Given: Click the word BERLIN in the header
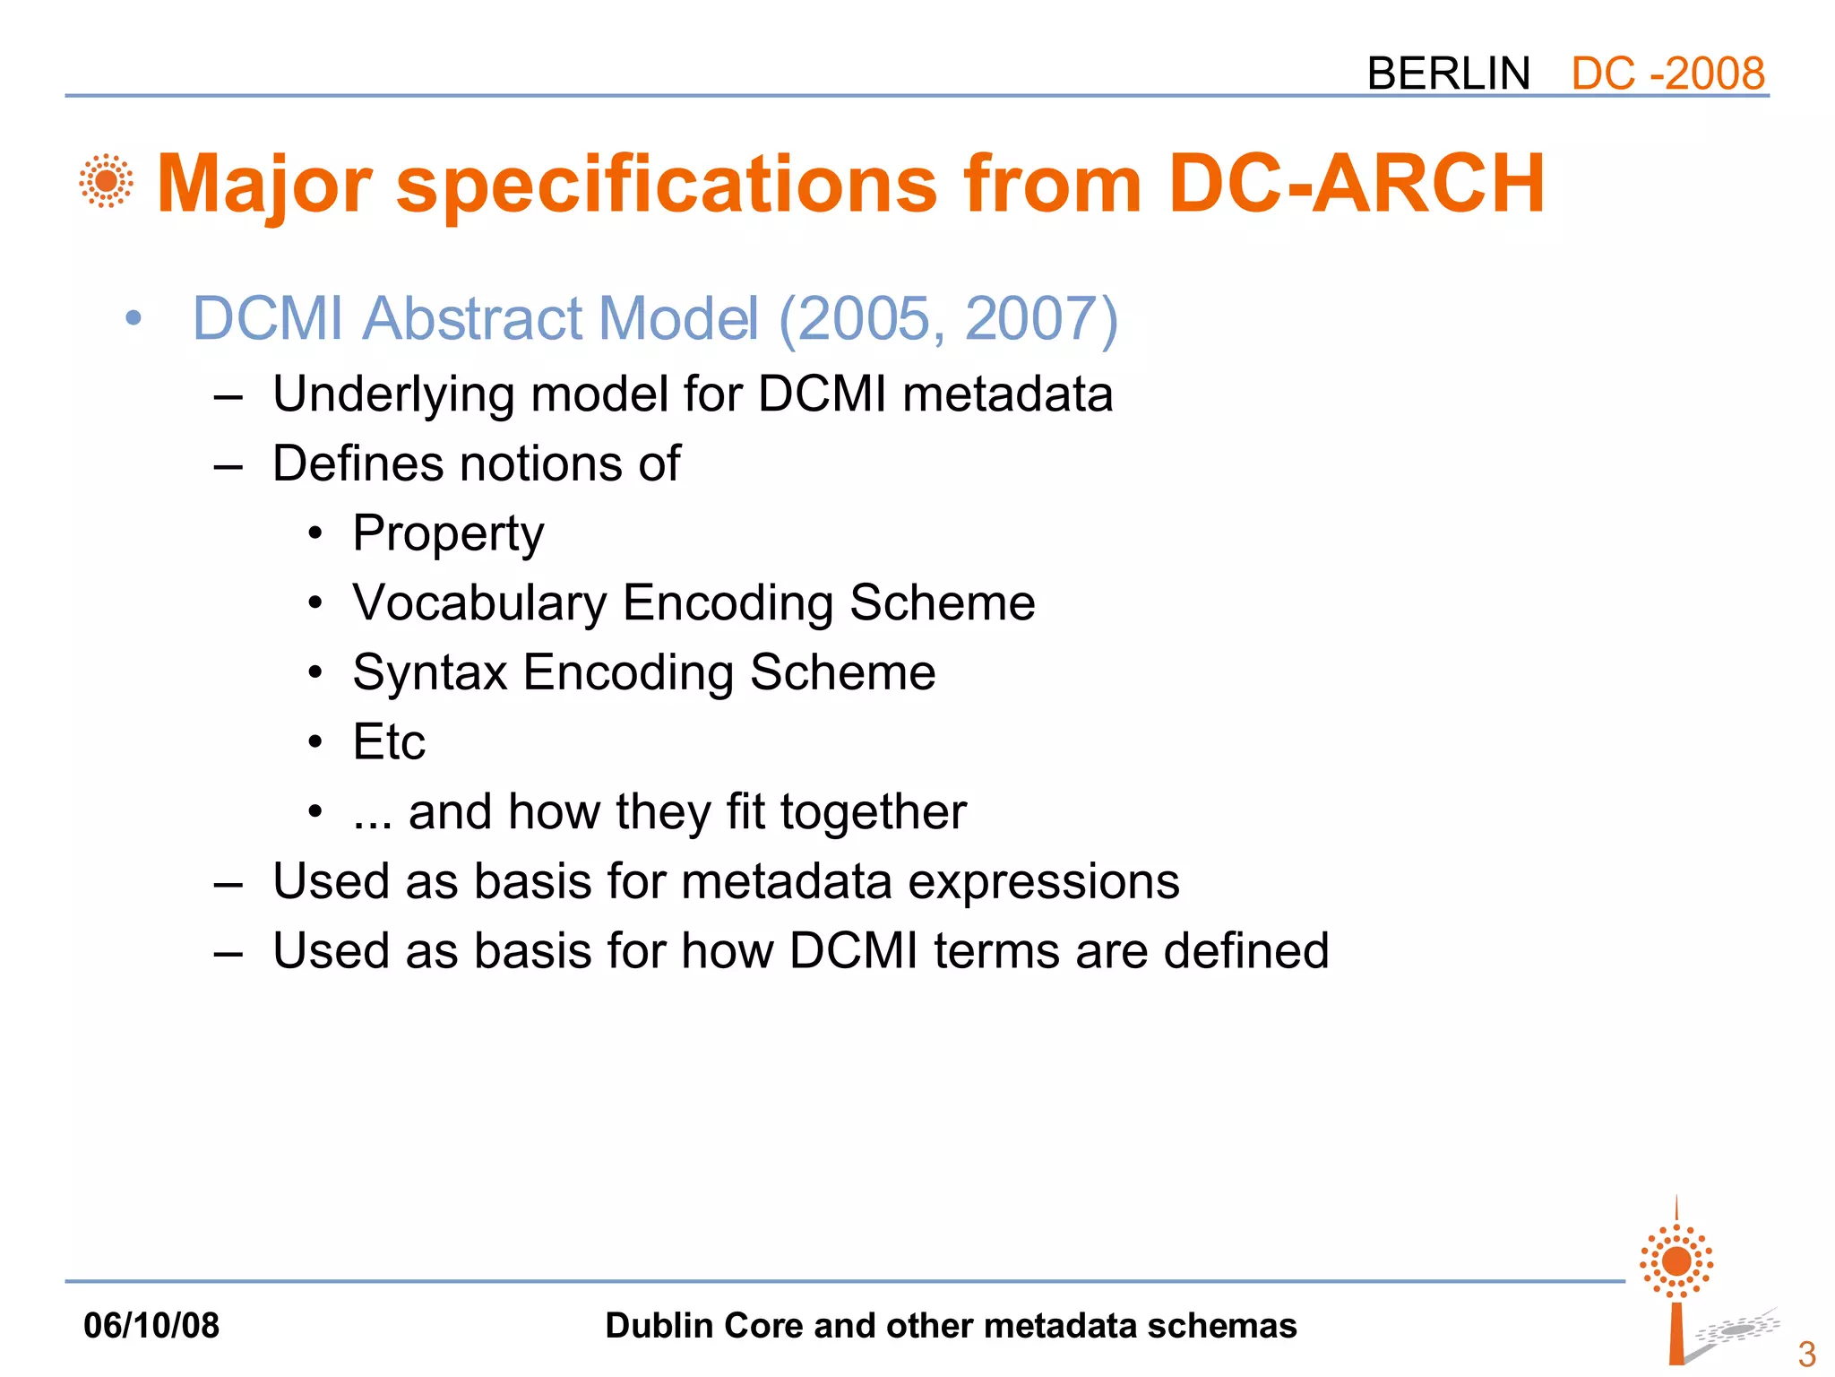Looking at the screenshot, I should (x=1448, y=74).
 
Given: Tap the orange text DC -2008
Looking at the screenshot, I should (x=1667, y=74).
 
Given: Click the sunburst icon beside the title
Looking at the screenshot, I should (x=106, y=182).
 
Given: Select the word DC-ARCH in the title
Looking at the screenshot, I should (x=1357, y=184).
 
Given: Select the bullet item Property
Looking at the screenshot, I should (x=448, y=534).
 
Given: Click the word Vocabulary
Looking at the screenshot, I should (x=479, y=603).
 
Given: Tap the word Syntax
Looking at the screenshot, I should (x=430, y=673).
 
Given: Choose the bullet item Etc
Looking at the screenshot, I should (x=389, y=742).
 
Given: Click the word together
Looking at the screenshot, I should (x=873, y=812).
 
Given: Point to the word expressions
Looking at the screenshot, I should (x=1043, y=881).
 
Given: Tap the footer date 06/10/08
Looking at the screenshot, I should (x=151, y=1326).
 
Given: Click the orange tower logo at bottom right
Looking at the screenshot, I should (x=1676, y=1282).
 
